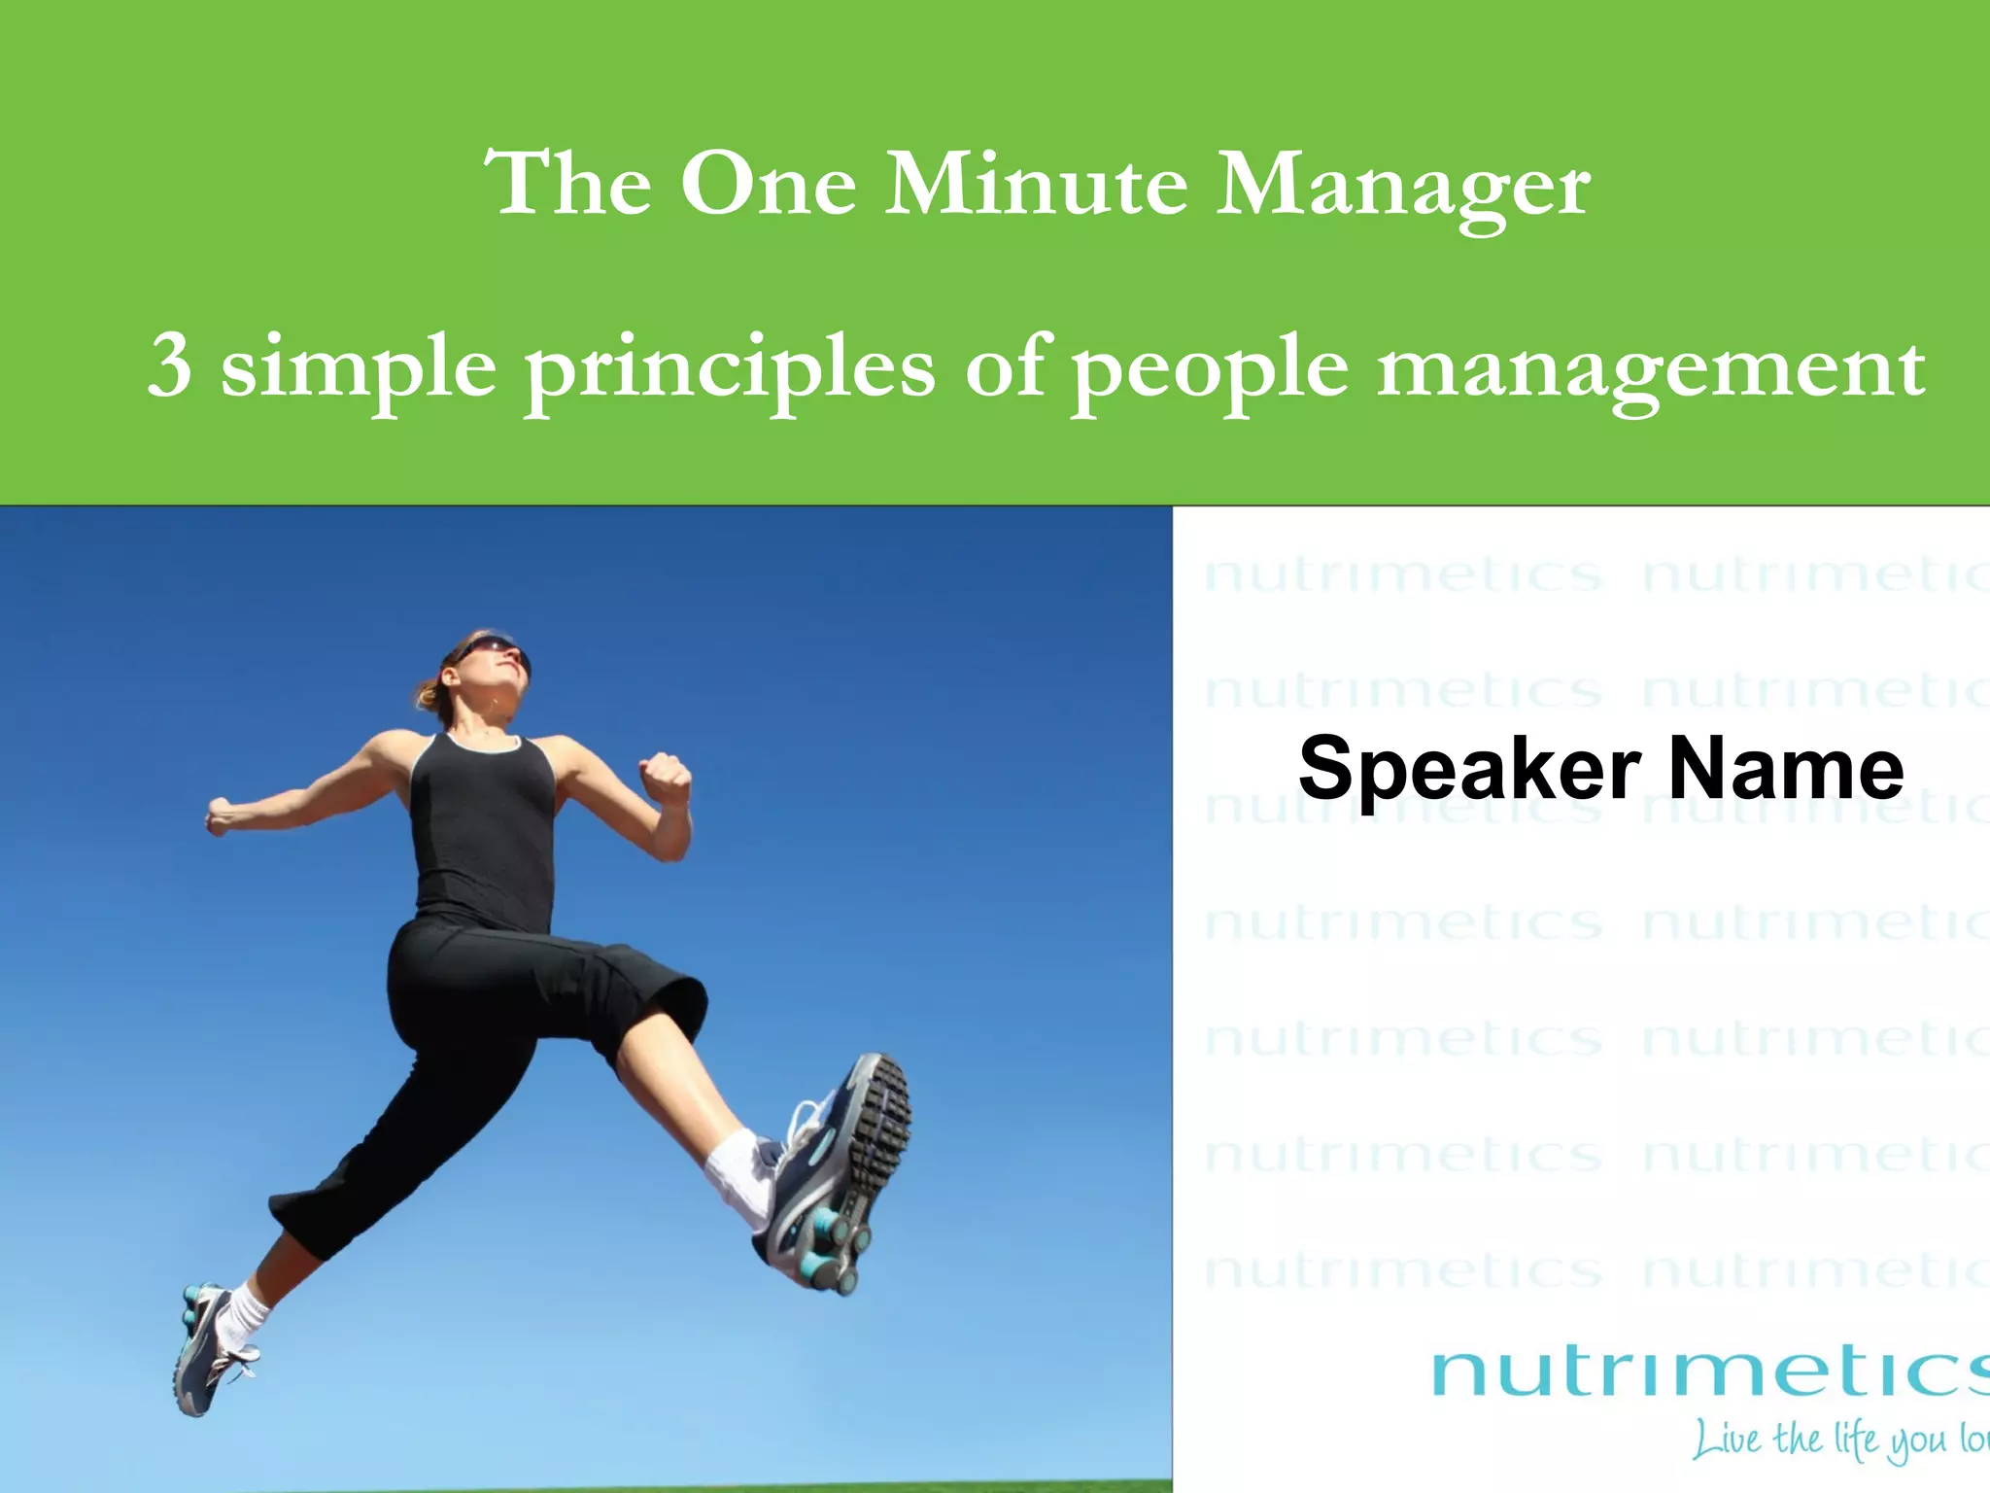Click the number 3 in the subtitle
tap(169, 367)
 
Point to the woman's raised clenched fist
tap(665, 778)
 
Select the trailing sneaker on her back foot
tap(209, 1351)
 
